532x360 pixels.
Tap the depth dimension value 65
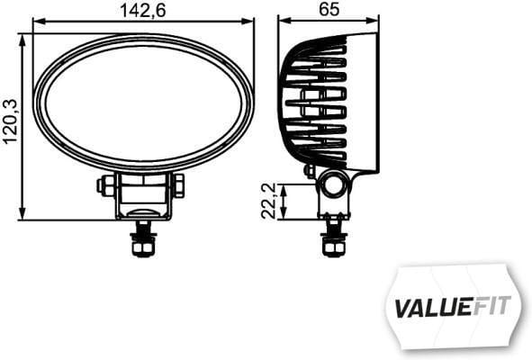pos(329,10)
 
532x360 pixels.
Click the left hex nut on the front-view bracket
pos(104,185)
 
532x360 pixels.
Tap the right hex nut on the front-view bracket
pos(178,185)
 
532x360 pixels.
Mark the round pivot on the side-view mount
pos(334,185)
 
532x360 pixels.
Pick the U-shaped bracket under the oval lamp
pos(141,198)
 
